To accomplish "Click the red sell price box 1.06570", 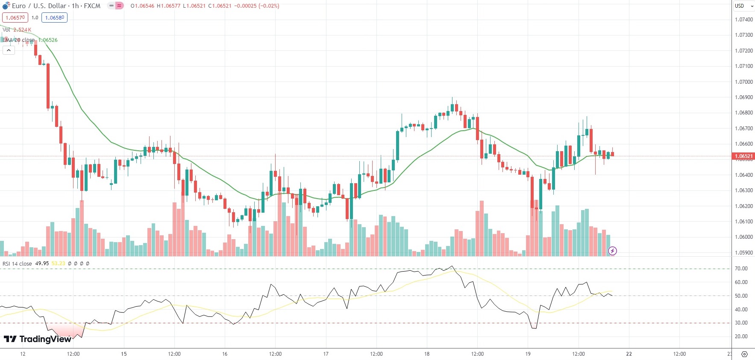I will [x=15, y=18].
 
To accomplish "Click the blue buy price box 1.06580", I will [x=55, y=18].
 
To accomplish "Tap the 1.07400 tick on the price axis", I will [x=743, y=20].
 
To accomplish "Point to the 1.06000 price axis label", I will [x=743, y=237].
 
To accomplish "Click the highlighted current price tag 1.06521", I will [x=743, y=156].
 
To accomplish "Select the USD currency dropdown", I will [x=743, y=6].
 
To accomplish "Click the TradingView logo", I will [x=38, y=339].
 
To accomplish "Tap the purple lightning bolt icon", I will [x=612, y=251].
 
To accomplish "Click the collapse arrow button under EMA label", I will [x=9, y=50].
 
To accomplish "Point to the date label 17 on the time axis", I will [x=326, y=354].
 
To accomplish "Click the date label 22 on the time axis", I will [x=629, y=354].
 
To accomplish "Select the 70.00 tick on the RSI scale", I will [x=741, y=269].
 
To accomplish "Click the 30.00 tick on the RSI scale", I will [x=741, y=323].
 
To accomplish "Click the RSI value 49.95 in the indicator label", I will [x=42, y=263].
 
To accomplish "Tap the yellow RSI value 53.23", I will [x=58, y=263].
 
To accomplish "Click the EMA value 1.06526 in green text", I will [x=48, y=40].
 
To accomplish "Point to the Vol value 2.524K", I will [x=22, y=30].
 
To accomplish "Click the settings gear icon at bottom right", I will [x=744, y=354].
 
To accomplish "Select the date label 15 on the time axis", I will [x=124, y=354].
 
